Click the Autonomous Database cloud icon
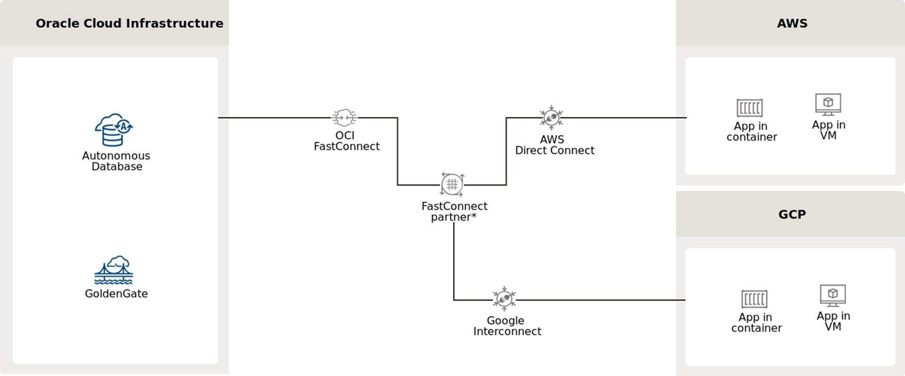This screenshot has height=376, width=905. pos(114,130)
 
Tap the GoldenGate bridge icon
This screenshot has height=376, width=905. pos(114,270)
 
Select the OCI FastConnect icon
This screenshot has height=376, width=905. pos(345,117)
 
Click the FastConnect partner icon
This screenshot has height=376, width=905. pos(452,184)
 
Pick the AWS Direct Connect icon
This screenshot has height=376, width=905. pos(551,117)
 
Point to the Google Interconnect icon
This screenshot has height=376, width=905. pos(504,299)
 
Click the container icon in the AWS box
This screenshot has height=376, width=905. pos(749,108)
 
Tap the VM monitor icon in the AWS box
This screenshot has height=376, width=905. pos(828,104)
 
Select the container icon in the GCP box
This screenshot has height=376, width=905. pos(754,299)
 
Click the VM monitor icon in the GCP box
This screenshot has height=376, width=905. pos(833,295)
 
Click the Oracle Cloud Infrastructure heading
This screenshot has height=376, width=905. pos(130,23)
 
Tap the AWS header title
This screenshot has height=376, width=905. pos(792,23)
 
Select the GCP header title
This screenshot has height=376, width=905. pos(792,214)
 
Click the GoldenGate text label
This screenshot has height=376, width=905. pos(116,294)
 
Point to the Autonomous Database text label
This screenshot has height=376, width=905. pos(116,161)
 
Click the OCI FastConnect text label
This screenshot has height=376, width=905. pos(346,141)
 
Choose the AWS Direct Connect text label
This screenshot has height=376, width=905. pos(554,145)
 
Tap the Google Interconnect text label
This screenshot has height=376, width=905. pos(507,326)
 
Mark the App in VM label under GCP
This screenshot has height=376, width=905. pos(833,321)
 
